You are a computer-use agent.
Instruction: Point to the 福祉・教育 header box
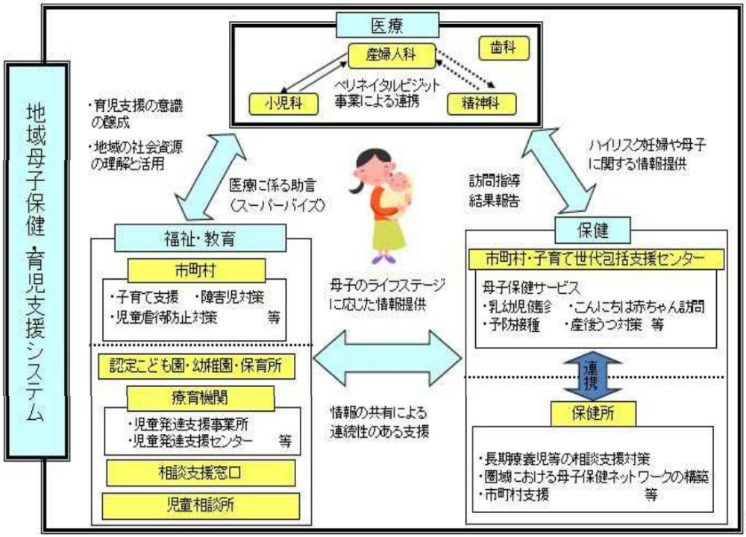pyautogui.click(x=201, y=239)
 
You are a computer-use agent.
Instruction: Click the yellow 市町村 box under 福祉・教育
pyautogui.click(x=197, y=268)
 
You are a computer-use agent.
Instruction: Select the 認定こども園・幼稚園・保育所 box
pyautogui.click(x=197, y=366)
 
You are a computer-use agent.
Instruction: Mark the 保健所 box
pyautogui.click(x=595, y=412)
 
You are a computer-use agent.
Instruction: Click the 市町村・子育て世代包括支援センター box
pyautogui.click(x=595, y=259)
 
